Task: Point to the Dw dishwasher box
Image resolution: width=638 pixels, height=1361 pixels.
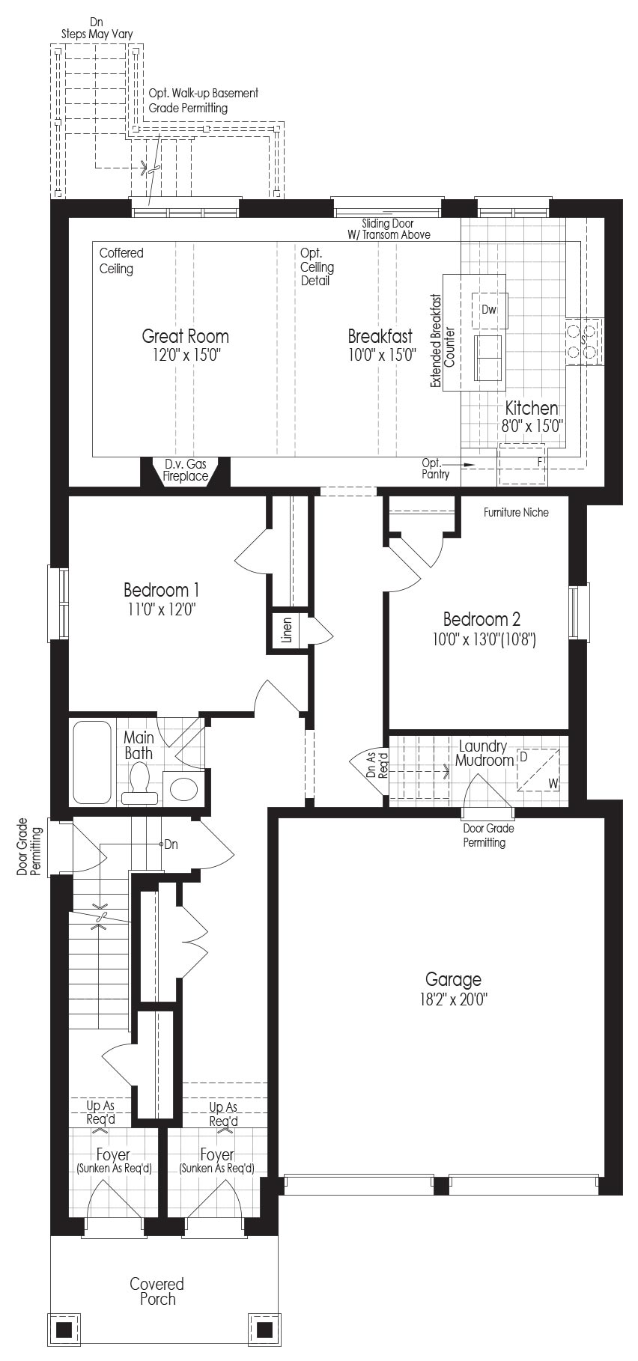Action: click(x=490, y=309)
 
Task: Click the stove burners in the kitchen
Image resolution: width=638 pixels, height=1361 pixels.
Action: click(x=583, y=341)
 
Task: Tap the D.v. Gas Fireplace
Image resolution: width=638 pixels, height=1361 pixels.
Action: click(x=186, y=472)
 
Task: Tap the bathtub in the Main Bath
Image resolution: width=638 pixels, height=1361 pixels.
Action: click(x=92, y=762)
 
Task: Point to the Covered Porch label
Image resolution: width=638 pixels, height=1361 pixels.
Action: click(x=157, y=1291)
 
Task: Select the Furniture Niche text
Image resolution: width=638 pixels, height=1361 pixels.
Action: click(x=516, y=512)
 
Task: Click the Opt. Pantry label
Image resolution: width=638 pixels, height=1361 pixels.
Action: click(x=435, y=469)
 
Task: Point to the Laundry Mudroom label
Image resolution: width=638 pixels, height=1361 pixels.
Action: click(x=484, y=753)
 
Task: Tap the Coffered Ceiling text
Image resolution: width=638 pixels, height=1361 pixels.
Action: click(x=121, y=261)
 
